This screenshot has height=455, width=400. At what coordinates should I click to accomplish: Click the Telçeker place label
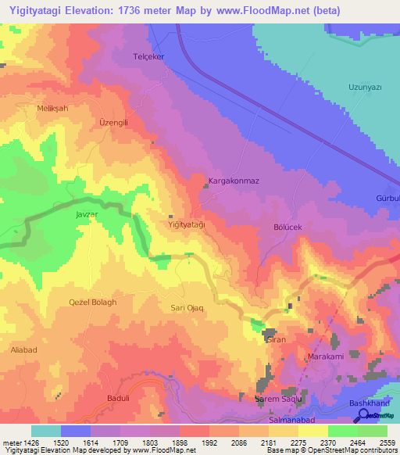pyautogui.click(x=149, y=57)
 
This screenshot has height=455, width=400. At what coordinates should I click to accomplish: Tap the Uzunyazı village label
pyautogui.click(x=364, y=88)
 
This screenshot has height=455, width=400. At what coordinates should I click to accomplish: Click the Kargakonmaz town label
pyautogui.click(x=233, y=181)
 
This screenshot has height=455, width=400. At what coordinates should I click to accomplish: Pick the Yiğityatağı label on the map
pyautogui.click(x=187, y=224)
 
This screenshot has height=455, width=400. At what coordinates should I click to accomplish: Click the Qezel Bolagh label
pyautogui.click(x=92, y=303)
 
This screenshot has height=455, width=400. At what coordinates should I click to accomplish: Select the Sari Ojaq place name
pyautogui.click(x=187, y=308)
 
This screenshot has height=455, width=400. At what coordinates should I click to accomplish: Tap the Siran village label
pyautogui.click(x=277, y=340)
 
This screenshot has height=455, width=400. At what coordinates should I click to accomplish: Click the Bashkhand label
pyautogui.click(x=366, y=403)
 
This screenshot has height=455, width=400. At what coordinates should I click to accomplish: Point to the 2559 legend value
pyautogui.click(x=387, y=442)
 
